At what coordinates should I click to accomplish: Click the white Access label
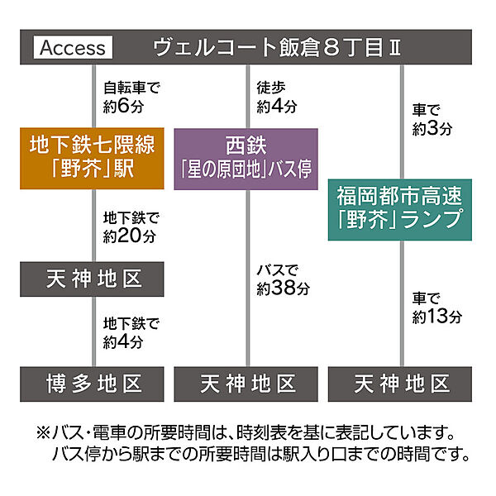[x=73, y=47]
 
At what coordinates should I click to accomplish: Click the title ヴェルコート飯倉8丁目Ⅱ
[x=277, y=48]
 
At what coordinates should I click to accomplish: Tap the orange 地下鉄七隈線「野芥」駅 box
[x=92, y=159]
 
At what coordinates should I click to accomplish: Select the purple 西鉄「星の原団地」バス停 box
[x=246, y=159]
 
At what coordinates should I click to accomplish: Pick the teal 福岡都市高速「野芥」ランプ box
[x=400, y=210]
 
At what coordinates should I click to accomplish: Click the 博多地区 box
[x=92, y=384]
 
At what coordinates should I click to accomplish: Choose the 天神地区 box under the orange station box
[x=92, y=279]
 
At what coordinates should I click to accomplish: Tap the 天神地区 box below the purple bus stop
[x=246, y=384]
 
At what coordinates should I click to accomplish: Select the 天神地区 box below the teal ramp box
[x=400, y=384]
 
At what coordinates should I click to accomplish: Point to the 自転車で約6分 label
[x=131, y=97]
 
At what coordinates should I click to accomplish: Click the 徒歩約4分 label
[x=277, y=97]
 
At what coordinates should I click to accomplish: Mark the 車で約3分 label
[x=432, y=120]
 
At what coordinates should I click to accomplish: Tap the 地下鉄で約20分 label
[x=131, y=227]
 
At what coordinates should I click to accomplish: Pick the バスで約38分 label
[x=283, y=280]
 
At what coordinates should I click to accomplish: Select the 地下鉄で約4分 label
[x=131, y=333]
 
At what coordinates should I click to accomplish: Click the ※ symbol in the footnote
[x=43, y=432]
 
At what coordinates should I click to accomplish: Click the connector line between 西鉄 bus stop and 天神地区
[x=248, y=278]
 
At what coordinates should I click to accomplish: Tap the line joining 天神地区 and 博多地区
[x=93, y=331]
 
